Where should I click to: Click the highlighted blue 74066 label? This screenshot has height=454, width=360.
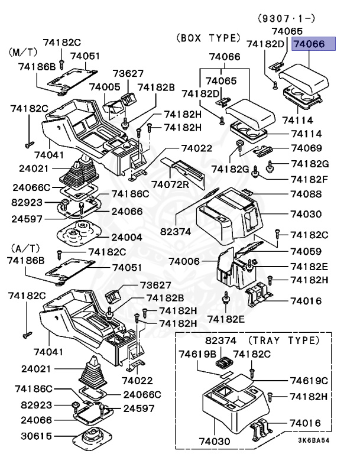click(313, 44)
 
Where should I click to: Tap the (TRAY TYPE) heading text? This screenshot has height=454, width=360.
click(283, 340)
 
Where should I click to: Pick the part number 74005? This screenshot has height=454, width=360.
click(105, 87)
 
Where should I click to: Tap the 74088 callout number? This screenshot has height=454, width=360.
click(306, 194)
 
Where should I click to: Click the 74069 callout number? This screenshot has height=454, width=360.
click(306, 148)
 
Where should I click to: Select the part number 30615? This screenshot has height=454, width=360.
click(35, 437)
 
